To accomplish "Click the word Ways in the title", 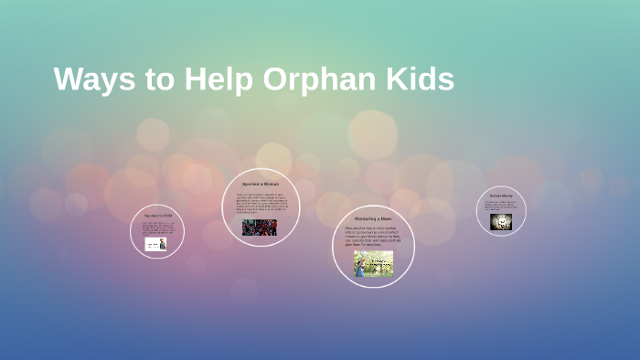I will (90, 79).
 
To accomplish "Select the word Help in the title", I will (219, 79).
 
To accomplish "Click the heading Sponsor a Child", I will (157, 215).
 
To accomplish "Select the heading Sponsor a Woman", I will (261, 185).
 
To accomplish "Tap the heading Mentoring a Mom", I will (373, 219).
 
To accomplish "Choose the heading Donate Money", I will (501, 196).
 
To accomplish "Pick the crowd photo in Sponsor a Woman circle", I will (259, 228).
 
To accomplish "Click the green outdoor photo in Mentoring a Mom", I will (373, 263).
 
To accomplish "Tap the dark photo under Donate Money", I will (501, 221).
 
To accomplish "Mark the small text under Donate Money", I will (501, 206).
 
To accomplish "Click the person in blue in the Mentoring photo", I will (362, 267).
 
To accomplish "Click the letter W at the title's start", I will (67, 79).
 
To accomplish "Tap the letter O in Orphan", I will (275, 79).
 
